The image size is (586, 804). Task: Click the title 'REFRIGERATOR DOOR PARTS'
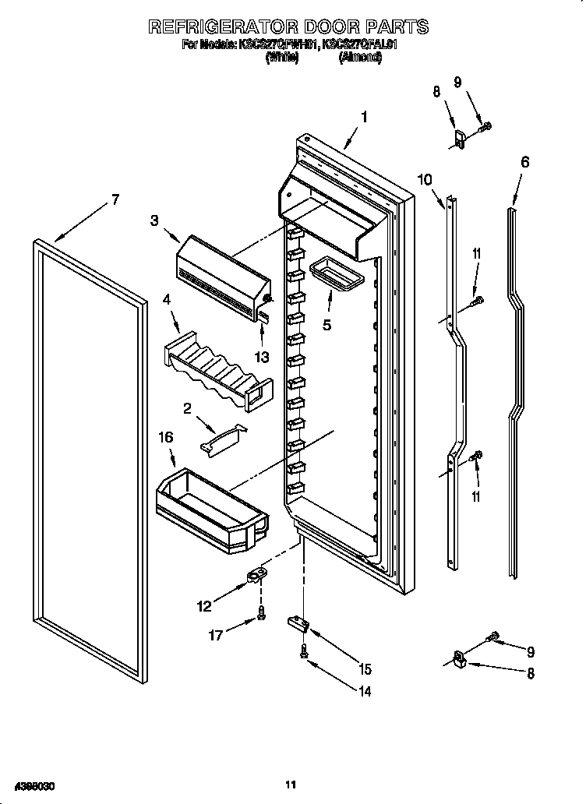(288, 26)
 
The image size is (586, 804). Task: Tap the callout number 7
(115, 199)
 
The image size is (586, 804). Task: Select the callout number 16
(165, 438)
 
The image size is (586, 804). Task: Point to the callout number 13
(262, 357)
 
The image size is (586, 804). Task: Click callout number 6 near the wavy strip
(524, 162)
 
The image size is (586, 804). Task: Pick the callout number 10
(425, 179)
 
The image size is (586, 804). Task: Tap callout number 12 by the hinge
(204, 605)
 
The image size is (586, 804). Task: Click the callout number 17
(216, 635)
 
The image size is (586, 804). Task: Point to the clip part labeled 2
(222, 440)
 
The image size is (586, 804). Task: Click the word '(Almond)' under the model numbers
(359, 58)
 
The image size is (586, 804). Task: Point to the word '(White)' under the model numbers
(282, 58)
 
